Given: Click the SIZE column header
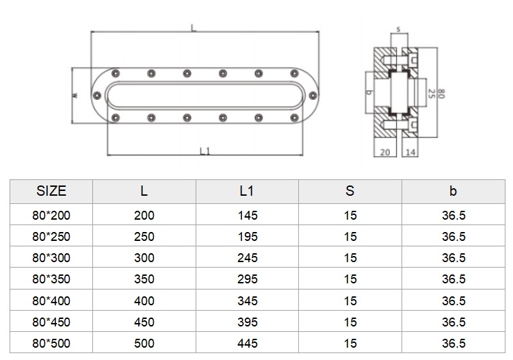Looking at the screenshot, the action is [x=51, y=191].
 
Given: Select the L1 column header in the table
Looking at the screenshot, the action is [x=247, y=191].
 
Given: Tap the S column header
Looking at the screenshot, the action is [x=350, y=191].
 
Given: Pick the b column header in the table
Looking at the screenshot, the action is [x=453, y=191].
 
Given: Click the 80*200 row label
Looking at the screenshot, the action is [x=51, y=216].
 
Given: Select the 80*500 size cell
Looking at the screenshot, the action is [x=51, y=344].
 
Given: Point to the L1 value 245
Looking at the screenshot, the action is [x=248, y=258].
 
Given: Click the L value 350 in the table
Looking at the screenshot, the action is [x=144, y=279].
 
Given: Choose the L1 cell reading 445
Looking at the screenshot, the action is [x=248, y=344].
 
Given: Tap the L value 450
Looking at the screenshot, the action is [x=144, y=322].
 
